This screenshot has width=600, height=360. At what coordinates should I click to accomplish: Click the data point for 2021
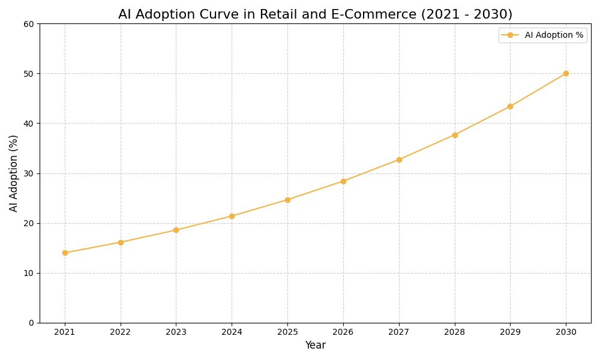pos(65,253)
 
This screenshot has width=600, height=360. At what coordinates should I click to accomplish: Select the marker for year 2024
pos(232,216)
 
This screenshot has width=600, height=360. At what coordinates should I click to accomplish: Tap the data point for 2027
pos(399,160)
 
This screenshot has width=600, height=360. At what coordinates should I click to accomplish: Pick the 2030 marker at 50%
pos(566,73)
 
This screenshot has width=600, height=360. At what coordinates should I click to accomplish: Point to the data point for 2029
pos(510,106)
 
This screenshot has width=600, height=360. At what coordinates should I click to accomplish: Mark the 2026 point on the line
pos(343,181)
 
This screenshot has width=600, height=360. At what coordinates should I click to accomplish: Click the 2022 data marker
pos(121,242)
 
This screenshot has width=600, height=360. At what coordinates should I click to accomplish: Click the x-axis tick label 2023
pos(176,332)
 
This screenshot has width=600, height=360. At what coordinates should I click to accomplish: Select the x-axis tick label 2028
pos(455,332)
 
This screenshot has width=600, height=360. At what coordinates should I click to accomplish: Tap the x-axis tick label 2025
pos(287,332)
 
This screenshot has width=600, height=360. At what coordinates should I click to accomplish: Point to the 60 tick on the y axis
pos(29,24)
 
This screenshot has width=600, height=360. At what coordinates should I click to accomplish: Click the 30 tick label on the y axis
pos(29,173)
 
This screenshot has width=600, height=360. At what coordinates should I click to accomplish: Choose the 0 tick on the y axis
pos(31,323)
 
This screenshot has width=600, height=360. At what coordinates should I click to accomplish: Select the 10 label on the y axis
pos(29,273)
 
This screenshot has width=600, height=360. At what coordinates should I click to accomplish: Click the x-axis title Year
pos(315,346)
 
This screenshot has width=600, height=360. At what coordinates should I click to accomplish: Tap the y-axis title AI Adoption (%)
pos(14,173)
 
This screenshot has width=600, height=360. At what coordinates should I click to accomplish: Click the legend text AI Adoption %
pos(554,35)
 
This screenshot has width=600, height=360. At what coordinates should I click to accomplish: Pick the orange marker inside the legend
pos(510,35)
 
